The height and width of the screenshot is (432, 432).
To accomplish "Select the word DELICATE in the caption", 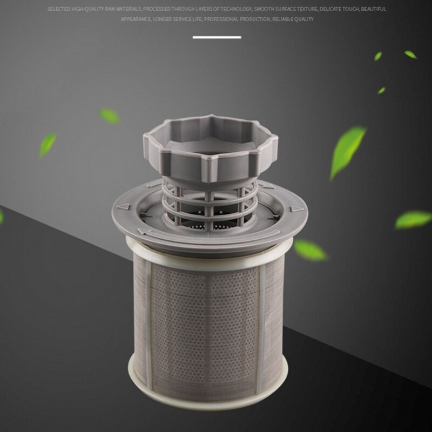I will (334, 9).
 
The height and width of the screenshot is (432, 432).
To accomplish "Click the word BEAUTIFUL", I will (374, 9).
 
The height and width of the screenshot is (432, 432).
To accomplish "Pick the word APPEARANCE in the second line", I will (134, 19).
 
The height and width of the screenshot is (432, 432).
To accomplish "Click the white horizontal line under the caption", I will (217, 37).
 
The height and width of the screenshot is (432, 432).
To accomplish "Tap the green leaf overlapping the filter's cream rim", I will (310, 249).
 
